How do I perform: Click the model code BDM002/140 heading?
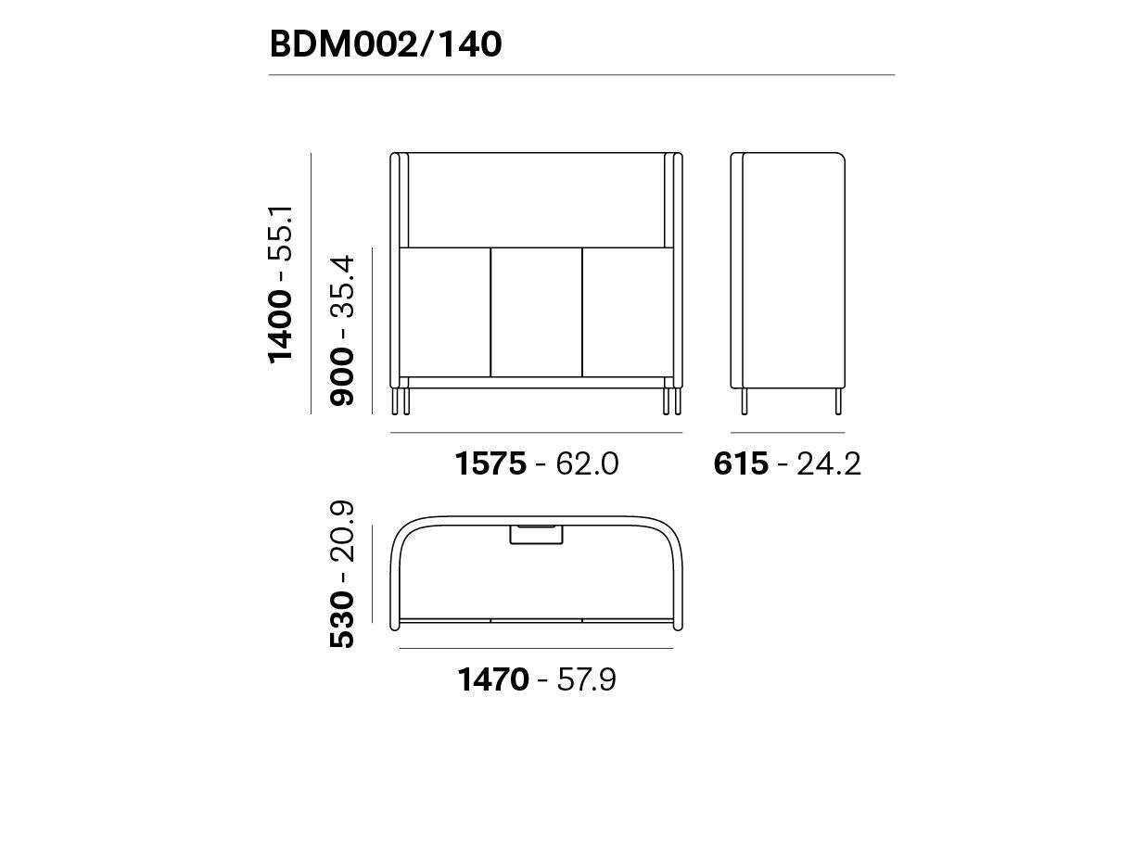[x=385, y=44]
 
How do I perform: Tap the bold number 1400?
[x=280, y=327]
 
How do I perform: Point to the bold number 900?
[x=342, y=376]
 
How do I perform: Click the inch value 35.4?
[x=342, y=285]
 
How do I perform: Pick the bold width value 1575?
[x=490, y=463]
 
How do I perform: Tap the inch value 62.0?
[x=586, y=463]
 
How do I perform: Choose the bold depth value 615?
[x=741, y=463]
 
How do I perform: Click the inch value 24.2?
[x=829, y=463]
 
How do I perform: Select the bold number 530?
[x=342, y=619]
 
